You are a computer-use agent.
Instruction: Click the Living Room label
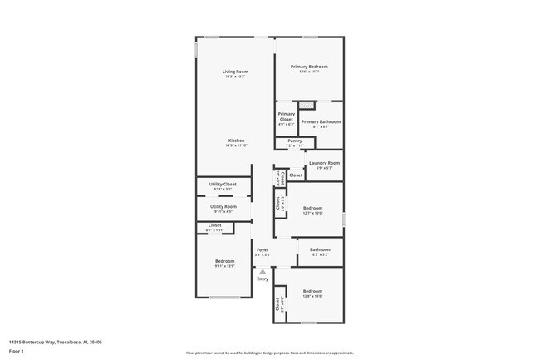235,72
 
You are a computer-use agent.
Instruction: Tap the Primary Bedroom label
309,66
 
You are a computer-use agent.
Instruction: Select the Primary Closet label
286,116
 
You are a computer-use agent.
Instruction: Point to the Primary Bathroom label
321,121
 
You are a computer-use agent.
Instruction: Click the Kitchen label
236,140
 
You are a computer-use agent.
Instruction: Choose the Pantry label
295,141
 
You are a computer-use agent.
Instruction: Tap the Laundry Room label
324,163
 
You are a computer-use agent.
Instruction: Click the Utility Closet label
223,184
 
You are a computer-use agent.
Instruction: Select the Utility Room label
223,206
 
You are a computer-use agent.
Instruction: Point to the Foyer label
263,249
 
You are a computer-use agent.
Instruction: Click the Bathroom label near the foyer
321,249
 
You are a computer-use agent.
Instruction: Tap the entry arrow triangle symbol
263,271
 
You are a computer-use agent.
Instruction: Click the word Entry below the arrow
263,279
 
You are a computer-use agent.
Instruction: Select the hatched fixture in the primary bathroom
307,106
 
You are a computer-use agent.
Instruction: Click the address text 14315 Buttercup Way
50,341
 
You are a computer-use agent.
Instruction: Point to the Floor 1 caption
16,351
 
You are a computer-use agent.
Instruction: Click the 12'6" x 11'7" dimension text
309,72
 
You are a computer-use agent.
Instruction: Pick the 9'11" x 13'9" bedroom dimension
224,266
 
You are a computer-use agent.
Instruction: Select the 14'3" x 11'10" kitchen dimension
236,145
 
